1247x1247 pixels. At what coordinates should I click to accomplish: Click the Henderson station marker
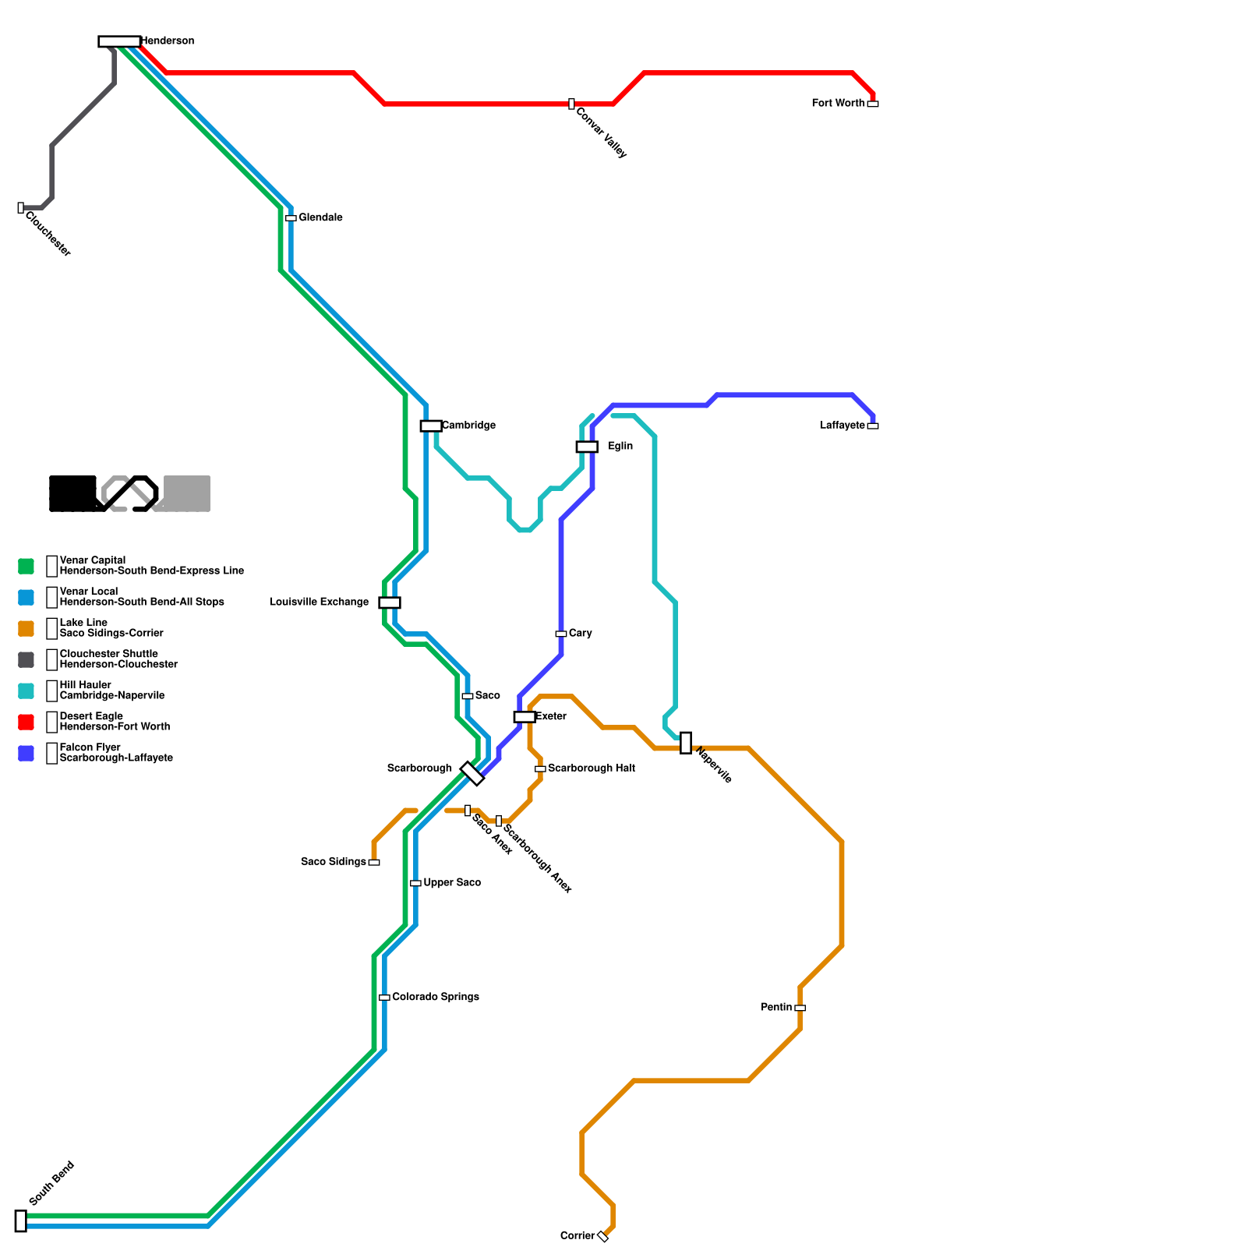119,41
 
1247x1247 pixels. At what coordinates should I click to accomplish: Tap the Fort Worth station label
838,103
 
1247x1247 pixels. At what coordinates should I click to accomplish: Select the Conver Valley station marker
571,104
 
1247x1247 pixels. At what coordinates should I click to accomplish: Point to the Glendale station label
320,217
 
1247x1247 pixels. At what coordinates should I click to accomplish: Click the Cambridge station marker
431,426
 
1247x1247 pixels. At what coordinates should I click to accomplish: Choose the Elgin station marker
587,447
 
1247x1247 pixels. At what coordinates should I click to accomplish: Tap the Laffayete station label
843,426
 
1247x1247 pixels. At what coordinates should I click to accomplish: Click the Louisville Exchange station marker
390,602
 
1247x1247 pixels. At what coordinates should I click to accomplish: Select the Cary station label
581,633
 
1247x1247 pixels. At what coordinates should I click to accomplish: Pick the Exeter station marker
525,717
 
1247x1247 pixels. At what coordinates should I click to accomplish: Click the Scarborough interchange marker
472,773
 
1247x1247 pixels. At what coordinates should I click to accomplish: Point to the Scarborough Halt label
591,768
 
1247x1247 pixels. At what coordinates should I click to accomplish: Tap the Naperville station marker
686,743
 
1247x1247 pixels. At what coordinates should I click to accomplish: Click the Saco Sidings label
334,862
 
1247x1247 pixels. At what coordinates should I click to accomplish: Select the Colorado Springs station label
435,997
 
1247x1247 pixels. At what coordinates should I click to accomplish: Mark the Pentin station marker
800,1008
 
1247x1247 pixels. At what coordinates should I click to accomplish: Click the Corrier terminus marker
603,1236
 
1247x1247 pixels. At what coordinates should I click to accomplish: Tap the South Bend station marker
21,1221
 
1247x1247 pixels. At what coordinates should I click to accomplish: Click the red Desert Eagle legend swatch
26,722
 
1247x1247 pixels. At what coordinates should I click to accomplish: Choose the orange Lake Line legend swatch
26,629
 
